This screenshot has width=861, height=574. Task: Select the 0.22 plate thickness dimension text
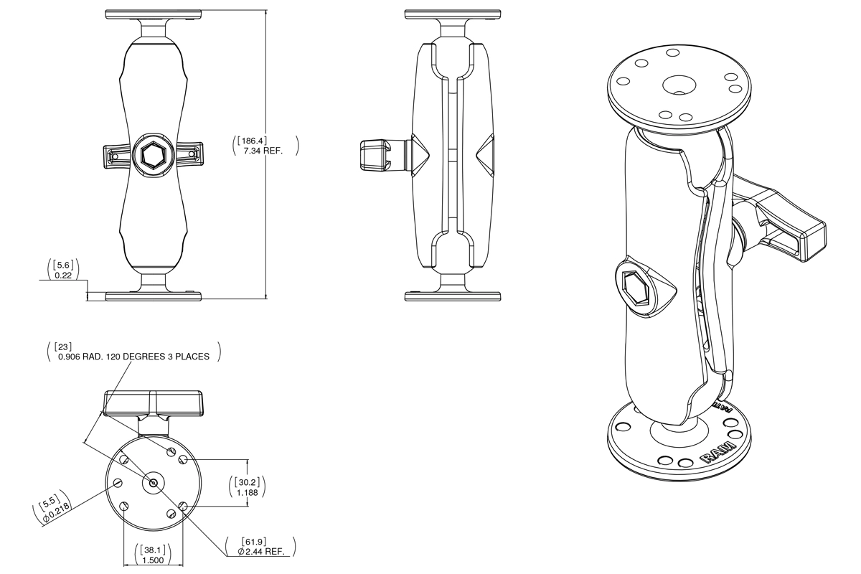pos(62,275)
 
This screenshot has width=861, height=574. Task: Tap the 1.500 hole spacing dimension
pos(151,559)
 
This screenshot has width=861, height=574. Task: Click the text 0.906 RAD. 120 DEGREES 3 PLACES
pos(133,357)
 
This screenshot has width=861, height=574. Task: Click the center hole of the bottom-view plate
pos(152,483)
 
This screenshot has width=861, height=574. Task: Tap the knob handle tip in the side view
pos(373,154)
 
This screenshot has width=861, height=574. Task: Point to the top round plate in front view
pos(152,14)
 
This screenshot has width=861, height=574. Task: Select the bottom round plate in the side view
pos(451,295)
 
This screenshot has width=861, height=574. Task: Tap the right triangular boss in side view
pos(484,154)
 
